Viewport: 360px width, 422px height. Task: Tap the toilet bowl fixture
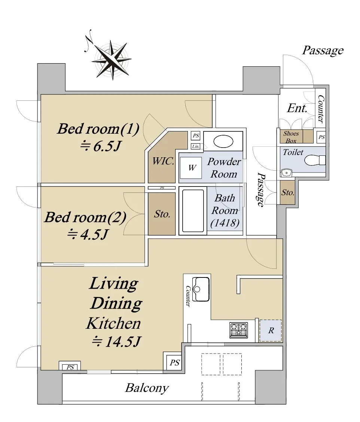click(314, 161)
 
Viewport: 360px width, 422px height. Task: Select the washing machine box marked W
click(192, 168)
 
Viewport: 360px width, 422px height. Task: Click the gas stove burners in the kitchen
click(238, 330)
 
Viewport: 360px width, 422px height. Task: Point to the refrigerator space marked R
click(271, 331)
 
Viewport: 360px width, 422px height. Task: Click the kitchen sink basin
click(201, 289)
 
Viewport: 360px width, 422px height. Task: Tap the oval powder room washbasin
click(223, 142)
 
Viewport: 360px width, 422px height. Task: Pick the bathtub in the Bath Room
click(193, 211)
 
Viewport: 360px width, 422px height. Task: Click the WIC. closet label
click(163, 162)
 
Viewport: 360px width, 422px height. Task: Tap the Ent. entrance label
click(297, 109)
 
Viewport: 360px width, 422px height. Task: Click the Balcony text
click(147, 388)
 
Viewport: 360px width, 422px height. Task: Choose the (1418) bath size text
click(225, 223)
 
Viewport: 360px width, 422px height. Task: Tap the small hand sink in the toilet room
click(286, 173)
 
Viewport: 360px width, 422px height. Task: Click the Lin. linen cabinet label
click(195, 146)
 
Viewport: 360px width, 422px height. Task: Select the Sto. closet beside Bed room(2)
click(162, 214)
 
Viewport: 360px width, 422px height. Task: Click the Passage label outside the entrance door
click(323, 51)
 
